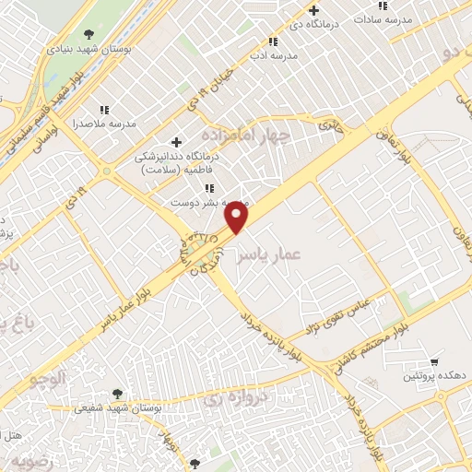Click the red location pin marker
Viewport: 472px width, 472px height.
tap(238, 218)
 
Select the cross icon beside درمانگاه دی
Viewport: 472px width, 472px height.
tap(313, 11)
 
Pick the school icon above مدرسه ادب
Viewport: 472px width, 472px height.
tap(272, 41)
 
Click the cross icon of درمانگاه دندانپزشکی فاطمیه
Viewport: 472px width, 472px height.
tap(176, 141)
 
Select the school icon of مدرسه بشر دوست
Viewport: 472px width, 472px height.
tap(210, 187)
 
